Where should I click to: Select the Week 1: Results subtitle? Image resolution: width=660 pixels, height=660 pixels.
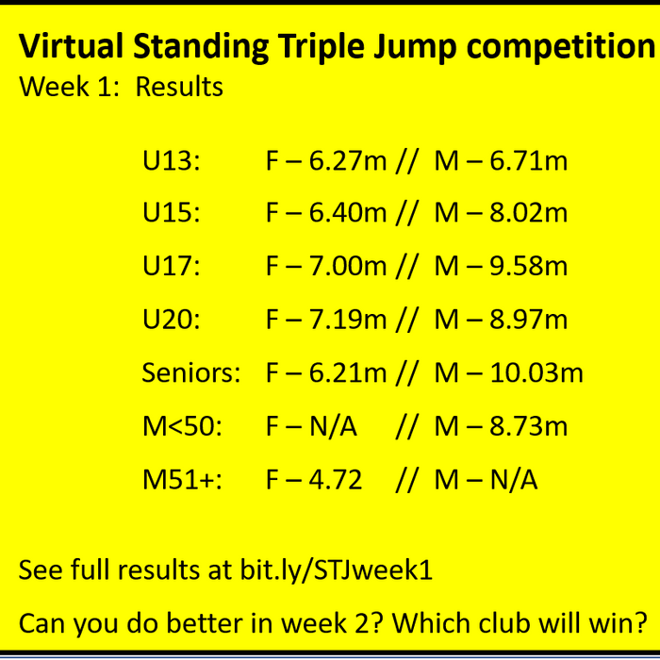coord(121,88)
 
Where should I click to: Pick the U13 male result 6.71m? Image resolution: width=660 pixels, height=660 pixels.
coord(528,161)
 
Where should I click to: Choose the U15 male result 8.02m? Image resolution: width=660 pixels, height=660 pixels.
coord(528,213)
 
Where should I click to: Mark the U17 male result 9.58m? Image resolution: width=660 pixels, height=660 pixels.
coord(528,267)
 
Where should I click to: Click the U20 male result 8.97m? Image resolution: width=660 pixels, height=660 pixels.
coord(528,321)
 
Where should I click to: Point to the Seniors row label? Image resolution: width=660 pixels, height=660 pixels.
coord(191,373)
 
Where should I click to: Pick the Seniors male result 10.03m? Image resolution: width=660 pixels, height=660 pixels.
coord(536,373)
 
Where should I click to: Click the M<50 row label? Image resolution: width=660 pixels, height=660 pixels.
coord(182,427)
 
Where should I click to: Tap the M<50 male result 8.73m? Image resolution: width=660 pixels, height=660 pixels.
coord(528,427)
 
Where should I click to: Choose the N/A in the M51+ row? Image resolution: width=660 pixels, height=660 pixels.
coord(514,480)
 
